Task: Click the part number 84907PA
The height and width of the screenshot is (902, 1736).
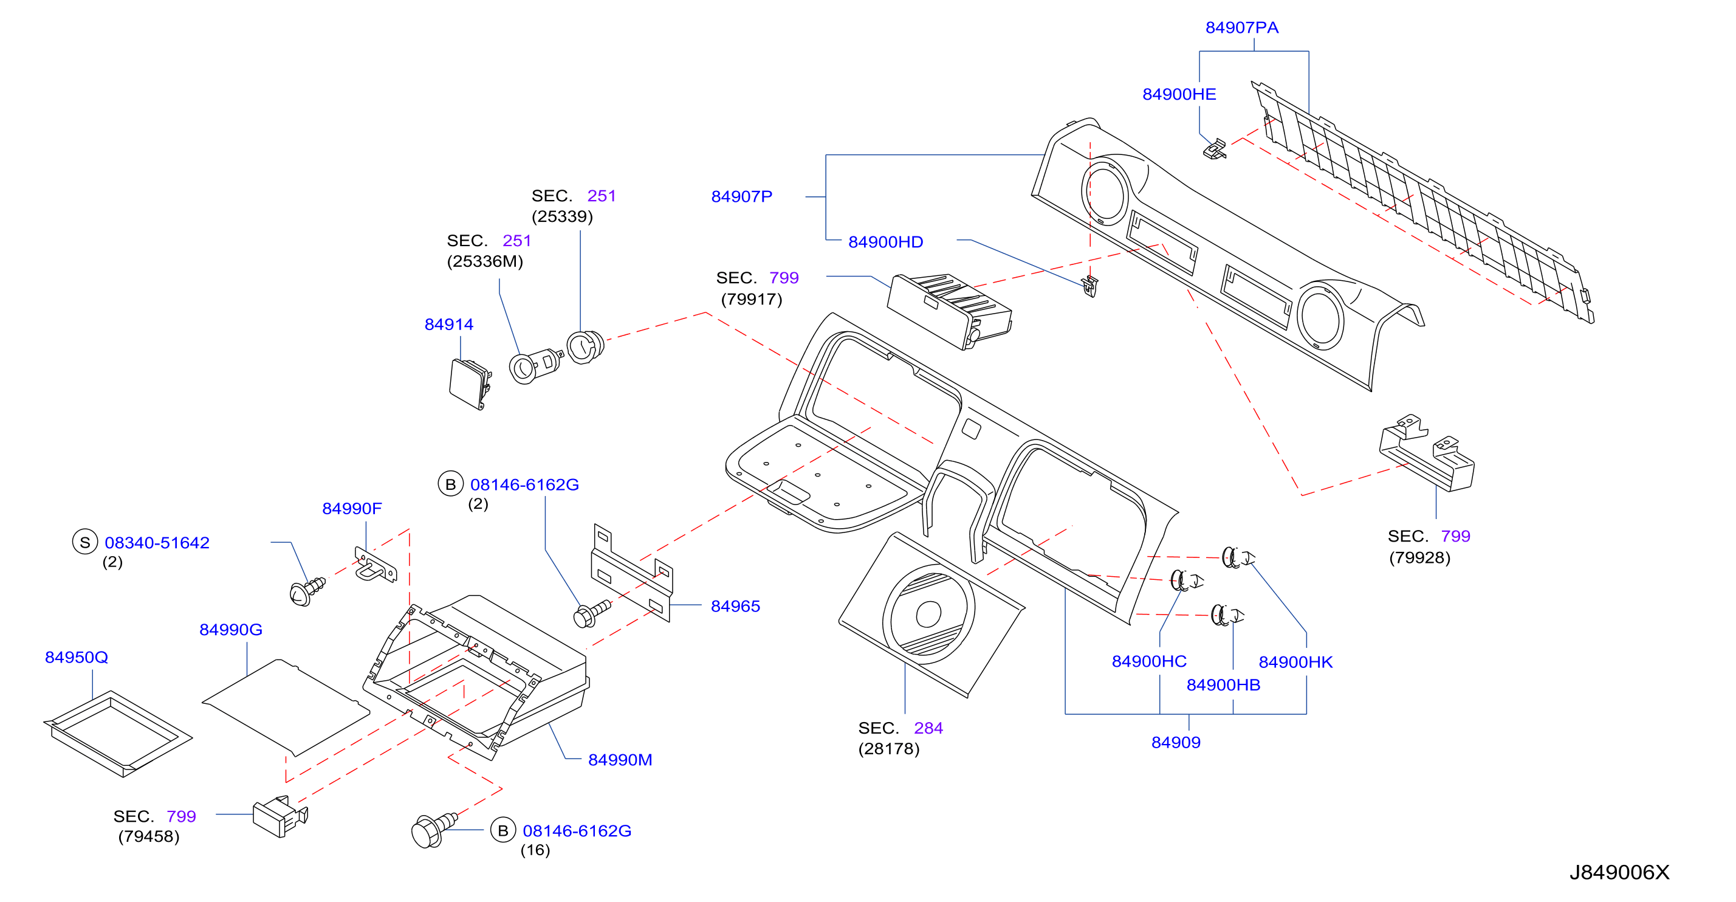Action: [1241, 27]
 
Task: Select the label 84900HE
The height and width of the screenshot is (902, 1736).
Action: [1179, 94]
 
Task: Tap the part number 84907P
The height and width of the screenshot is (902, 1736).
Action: [741, 197]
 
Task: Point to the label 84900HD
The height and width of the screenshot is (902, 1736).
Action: [885, 242]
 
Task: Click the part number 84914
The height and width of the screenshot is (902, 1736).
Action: [449, 324]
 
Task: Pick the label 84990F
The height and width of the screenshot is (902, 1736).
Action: [352, 508]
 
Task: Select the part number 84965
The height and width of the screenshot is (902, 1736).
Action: [735, 606]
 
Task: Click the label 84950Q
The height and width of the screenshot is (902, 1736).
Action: [76, 657]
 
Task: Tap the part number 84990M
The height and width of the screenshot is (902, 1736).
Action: [620, 760]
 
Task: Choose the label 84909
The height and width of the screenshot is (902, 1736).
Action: [1175, 742]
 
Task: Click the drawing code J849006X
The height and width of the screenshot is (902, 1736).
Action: [1619, 872]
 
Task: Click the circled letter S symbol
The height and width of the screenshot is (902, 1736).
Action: [85, 542]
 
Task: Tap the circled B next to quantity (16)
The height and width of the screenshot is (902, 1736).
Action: [503, 830]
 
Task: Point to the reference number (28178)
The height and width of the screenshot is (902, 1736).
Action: [888, 749]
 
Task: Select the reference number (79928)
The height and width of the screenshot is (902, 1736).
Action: [1419, 557]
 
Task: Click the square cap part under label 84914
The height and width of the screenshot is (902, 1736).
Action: [470, 384]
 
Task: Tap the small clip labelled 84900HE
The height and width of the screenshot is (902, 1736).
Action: [1215, 149]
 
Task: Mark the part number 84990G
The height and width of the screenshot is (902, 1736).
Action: [230, 630]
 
